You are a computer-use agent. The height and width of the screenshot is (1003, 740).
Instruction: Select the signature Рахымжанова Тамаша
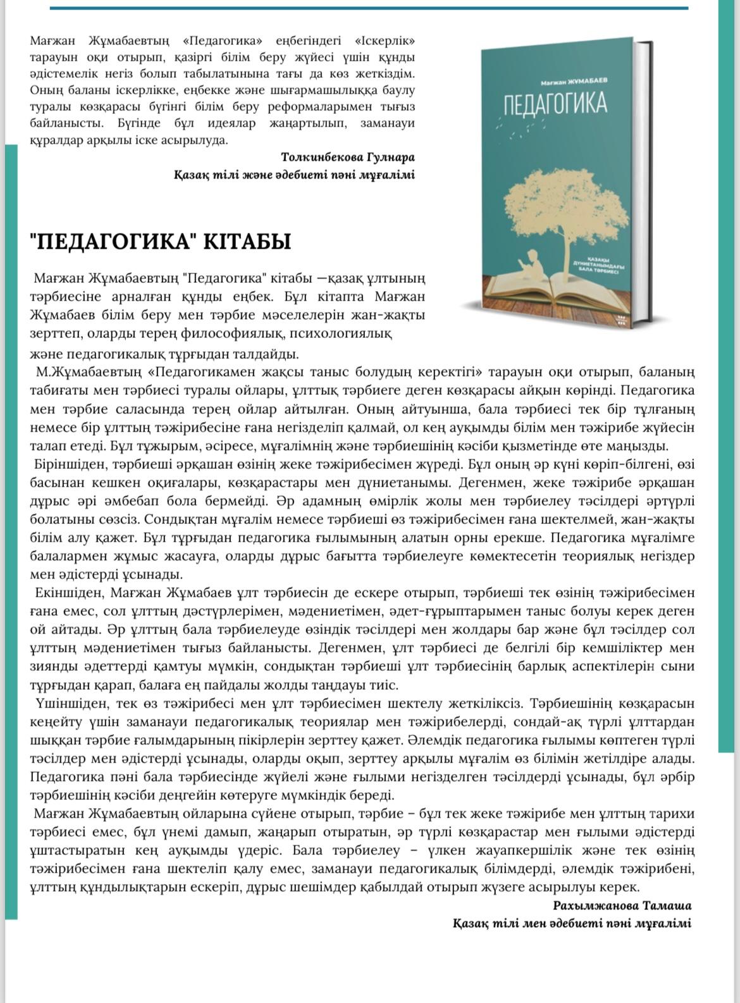(x=622, y=906)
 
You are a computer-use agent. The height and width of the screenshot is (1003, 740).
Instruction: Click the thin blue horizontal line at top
(x=369, y=8)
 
